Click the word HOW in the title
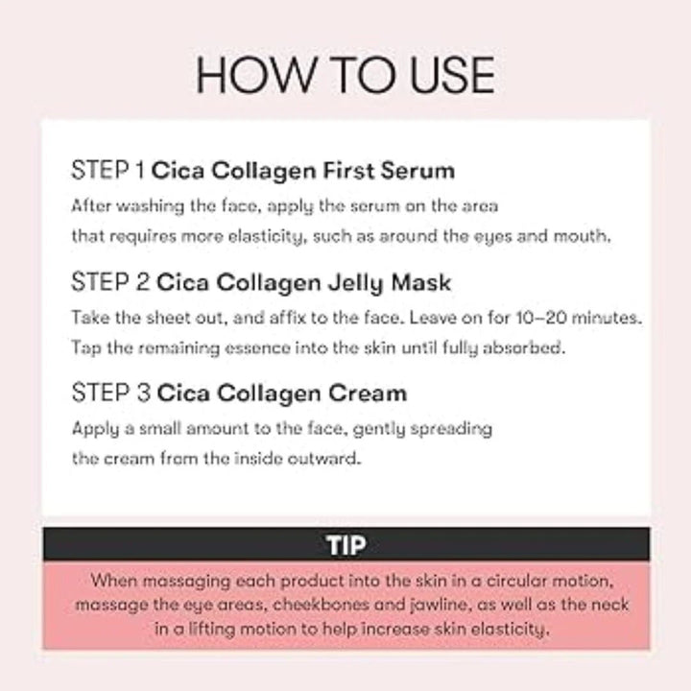pyautogui.click(x=255, y=75)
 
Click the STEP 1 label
pyautogui.click(x=107, y=170)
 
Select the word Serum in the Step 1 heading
pyautogui.click(x=417, y=171)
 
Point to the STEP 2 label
pyautogui.click(x=110, y=281)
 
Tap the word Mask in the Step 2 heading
pyautogui.click(x=421, y=282)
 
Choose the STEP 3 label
pyautogui.click(x=111, y=393)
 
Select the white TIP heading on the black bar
pyautogui.click(x=345, y=545)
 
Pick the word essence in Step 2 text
pyautogui.click(x=258, y=348)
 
